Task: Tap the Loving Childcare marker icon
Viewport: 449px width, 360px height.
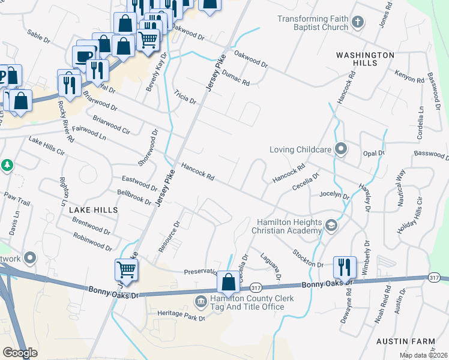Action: (341, 148)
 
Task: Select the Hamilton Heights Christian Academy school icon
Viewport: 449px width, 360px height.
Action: (330, 226)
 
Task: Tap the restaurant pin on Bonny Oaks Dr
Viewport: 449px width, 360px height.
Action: (345, 267)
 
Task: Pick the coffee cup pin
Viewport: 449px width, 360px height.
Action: (83, 57)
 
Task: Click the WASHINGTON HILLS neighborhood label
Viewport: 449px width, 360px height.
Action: (365, 55)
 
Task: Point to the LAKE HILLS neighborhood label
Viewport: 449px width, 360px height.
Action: (93, 211)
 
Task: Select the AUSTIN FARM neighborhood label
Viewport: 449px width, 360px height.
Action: (405, 341)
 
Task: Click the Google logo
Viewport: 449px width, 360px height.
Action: (20, 353)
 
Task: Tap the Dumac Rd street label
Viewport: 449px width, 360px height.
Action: (236, 77)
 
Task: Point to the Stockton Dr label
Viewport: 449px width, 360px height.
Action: (308, 259)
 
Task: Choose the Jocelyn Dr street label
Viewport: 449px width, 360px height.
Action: (334, 194)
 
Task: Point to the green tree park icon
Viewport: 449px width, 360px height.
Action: (7, 164)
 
